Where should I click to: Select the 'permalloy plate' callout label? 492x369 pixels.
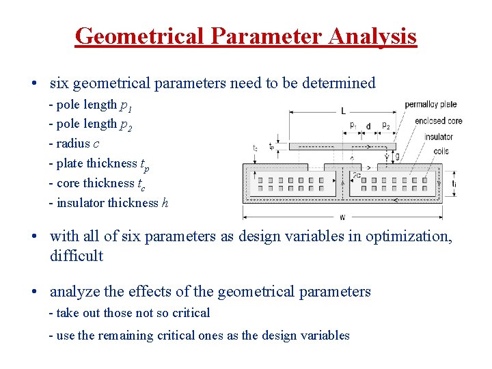430,105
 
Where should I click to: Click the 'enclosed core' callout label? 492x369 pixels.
438,121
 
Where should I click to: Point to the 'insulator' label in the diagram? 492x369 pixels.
438,137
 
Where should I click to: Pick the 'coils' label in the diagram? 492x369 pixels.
441,151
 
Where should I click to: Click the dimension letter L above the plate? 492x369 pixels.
342,109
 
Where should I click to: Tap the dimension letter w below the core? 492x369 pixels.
342,217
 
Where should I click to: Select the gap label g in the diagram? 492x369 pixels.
398,156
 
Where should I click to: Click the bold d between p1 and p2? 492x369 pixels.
368,126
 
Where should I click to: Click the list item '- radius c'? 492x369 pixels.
74,143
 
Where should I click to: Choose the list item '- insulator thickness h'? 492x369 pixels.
108,203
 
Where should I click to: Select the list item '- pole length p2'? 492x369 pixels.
90,124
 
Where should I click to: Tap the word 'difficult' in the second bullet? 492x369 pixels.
77,256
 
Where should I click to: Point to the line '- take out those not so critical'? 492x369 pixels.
129,313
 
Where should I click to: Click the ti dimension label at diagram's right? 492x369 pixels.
454,183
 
